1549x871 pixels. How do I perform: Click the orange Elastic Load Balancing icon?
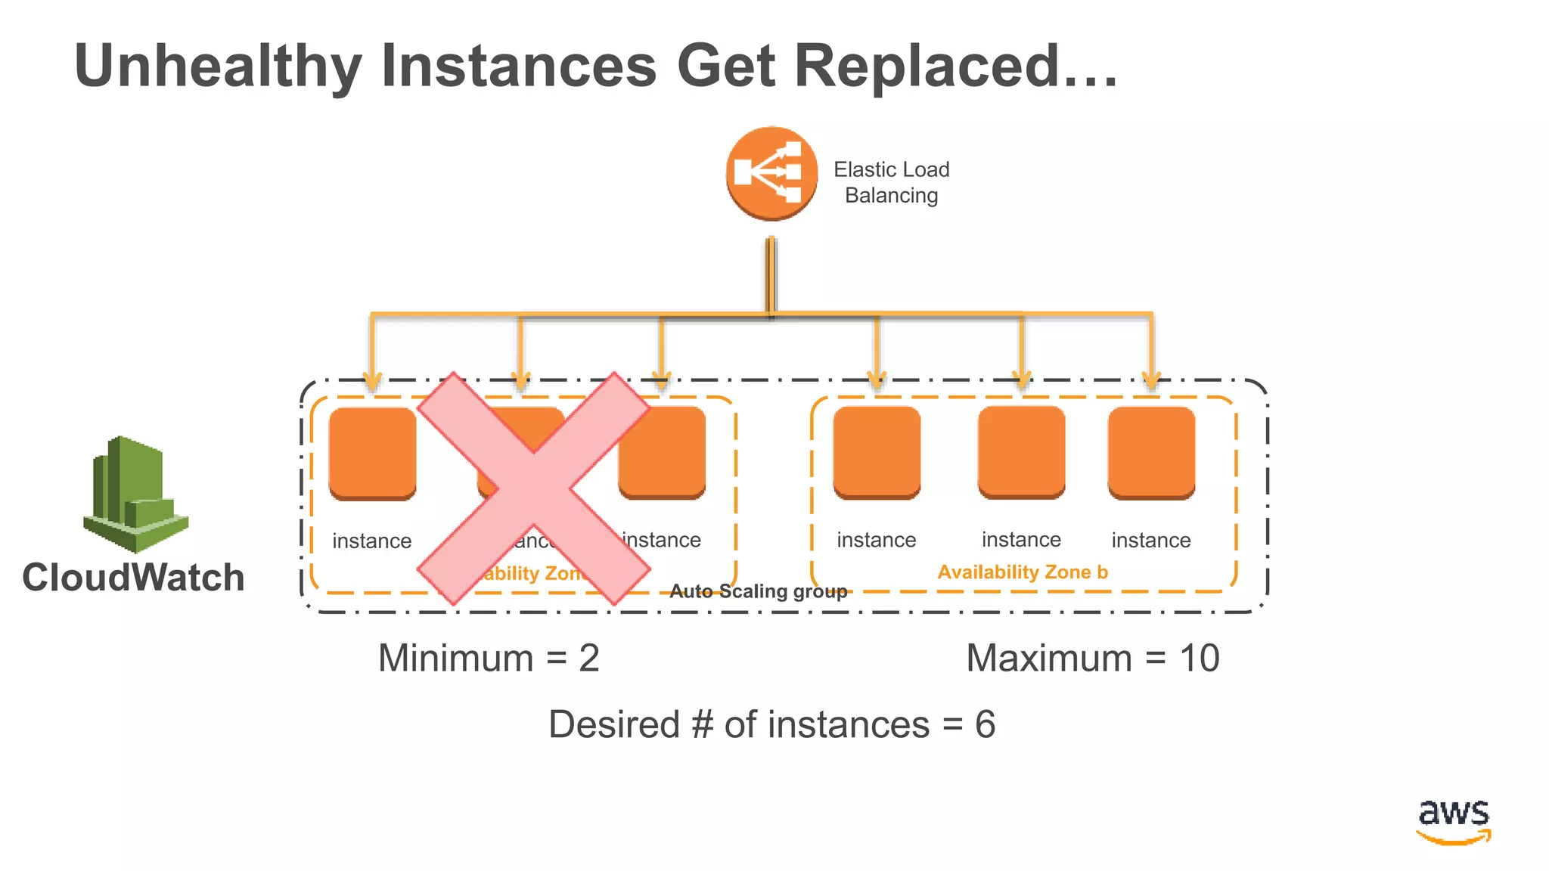click(771, 174)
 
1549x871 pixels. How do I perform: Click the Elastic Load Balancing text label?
click(891, 182)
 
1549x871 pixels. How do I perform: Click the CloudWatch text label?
click(133, 578)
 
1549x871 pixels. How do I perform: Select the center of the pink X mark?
click(533, 488)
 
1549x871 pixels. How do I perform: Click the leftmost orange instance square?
click(373, 453)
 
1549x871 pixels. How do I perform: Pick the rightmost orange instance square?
click(1151, 453)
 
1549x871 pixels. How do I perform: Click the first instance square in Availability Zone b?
click(877, 452)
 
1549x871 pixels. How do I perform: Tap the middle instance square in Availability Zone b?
click(1021, 452)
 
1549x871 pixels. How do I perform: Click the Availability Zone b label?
click(1023, 572)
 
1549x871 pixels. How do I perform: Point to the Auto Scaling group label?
click(758, 591)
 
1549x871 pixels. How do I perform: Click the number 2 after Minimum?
click(589, 658)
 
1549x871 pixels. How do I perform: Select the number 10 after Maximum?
click(1199, 658)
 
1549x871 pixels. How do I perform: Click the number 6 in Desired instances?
click(985, 724)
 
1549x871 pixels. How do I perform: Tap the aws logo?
click(1454, 820)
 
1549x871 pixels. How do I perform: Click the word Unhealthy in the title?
click(219, 67)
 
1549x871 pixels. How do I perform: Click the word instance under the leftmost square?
click(372, 541)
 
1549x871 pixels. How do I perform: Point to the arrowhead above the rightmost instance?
click(1151, 380)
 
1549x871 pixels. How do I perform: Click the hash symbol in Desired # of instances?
click(702, 724)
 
